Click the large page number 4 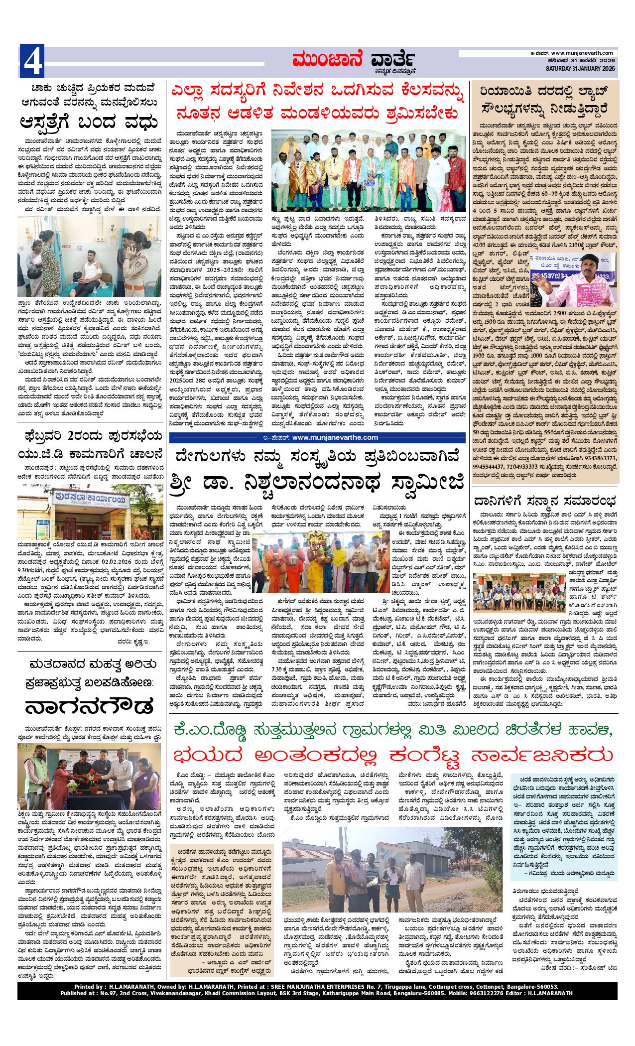pos(32,61)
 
